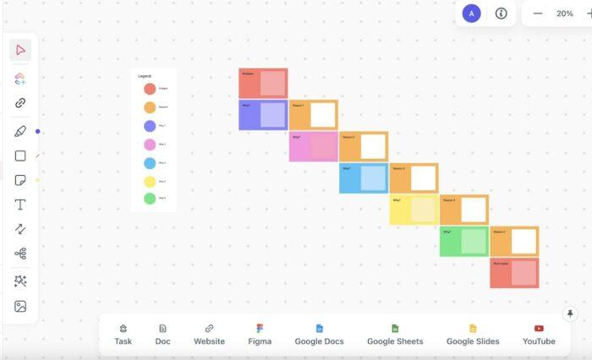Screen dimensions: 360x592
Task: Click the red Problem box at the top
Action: [263, 83]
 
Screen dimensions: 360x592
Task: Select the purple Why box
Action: [263, 114]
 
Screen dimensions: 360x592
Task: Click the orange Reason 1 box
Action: [313, 114]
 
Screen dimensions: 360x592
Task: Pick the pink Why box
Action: [313, 145]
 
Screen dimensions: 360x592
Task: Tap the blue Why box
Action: [363, 177]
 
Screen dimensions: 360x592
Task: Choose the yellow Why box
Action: [413, 209]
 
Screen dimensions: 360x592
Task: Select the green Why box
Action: [463, 241]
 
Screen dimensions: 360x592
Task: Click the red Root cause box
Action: [513, 272]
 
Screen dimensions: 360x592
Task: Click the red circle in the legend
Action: [150, 89]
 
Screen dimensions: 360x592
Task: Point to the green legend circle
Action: [150, 199]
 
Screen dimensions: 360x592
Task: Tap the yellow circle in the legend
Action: [150, 181]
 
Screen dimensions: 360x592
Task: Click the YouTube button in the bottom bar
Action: [539, 334]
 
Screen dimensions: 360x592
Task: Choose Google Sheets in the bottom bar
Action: [394, 334]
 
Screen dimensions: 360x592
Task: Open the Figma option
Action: [260, 334]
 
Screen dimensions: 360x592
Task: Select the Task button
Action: [123, 334]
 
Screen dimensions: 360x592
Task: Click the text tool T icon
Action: [20, 205]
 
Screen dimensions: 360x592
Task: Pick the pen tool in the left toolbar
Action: [20, 131]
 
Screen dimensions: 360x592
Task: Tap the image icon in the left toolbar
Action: [20, 306]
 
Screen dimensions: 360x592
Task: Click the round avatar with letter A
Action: [472, 14]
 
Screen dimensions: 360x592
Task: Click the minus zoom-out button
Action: [538, 14]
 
